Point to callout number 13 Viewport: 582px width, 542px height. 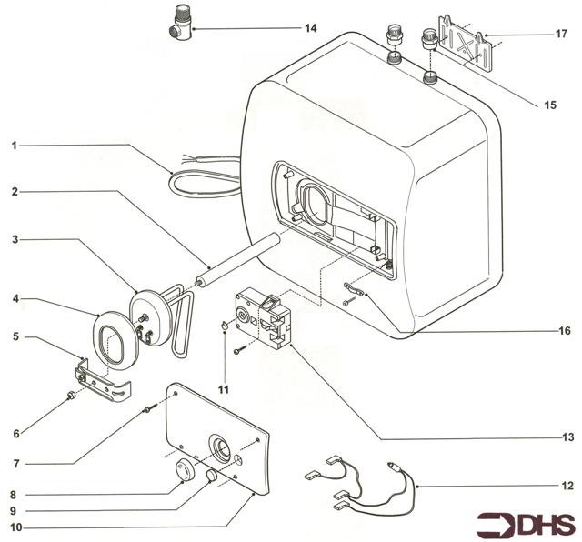pos(567,437)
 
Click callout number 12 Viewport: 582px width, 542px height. pos(567,486)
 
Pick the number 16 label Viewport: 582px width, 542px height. pos(566,331)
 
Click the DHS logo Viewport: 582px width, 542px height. pos(526,524)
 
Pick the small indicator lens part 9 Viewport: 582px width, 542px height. pos(211,476)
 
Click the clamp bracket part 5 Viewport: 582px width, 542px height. pos(101,383)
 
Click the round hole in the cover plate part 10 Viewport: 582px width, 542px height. pos(222,446)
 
